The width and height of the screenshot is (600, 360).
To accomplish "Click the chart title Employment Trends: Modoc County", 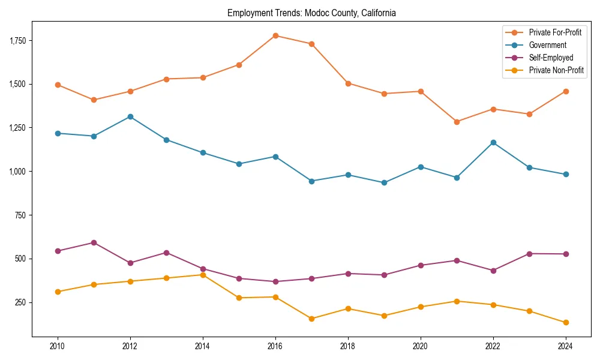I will [x=311, y=13].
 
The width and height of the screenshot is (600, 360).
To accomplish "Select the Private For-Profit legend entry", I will [x=555, y=32].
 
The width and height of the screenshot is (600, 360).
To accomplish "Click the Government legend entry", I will [x=547, y=45].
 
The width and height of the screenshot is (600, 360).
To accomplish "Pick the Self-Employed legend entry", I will [x=551, y=58].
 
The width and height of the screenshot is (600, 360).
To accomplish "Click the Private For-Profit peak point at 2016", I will [x=275, y=35].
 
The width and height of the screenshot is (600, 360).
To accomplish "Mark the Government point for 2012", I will [x=130, y=116].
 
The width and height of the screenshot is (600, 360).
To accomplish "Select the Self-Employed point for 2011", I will [x=94, y=242].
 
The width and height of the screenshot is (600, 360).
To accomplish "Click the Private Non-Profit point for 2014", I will [x=203, y=275].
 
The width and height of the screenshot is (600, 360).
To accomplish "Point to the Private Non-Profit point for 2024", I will [x=566, y=322].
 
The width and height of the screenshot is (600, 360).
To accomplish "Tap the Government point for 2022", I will [x=493, y=142].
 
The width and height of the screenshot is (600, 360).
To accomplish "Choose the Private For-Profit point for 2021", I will [x=457, y=122].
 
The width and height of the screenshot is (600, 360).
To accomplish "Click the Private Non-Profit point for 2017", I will [x=311, y=319].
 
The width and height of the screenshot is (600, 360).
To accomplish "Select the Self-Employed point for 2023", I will [x=529, y=254].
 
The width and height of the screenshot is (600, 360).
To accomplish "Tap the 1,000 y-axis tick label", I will [x=17, y=172].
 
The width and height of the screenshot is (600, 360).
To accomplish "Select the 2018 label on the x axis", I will [x=348, y=346].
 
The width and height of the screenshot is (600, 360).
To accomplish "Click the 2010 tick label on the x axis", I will [x=58, y=346].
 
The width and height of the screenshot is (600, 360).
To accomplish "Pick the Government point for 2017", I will [x=311, y=181].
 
